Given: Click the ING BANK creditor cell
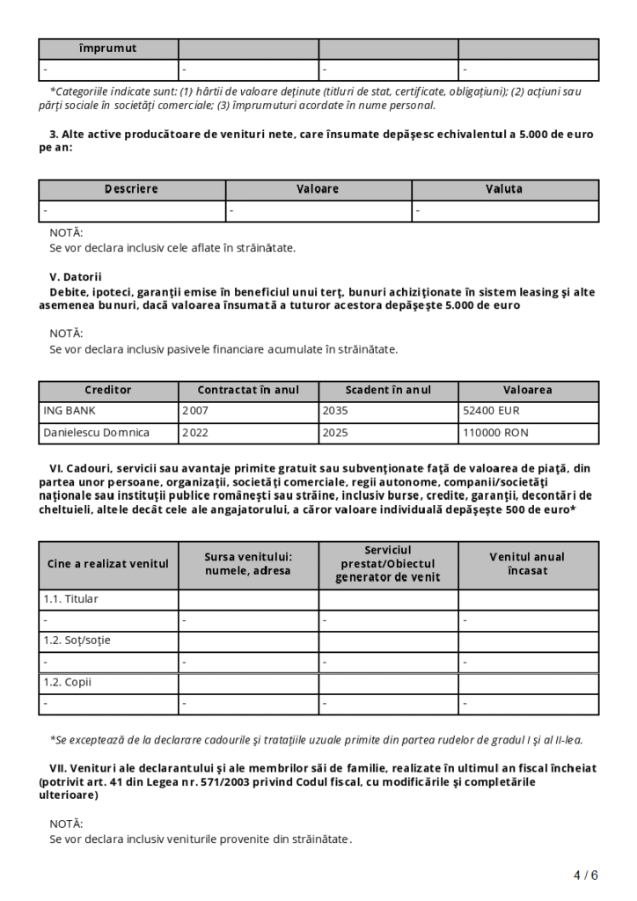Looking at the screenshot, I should click(70, 410).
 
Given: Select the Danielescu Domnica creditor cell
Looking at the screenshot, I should click(97, 432).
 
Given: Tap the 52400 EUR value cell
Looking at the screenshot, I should click(486, 410).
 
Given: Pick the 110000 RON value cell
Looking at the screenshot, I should click(492, 432).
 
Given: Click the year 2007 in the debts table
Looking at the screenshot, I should click(194, 410).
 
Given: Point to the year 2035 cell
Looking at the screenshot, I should click(334, 410).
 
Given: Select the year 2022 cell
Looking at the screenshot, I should click(194, 432).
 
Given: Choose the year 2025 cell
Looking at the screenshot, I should click(334, 432).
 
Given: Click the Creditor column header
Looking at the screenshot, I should click(108, 390).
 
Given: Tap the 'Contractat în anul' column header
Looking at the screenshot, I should click(248, 390).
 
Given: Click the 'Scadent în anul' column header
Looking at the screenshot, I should click(388, 390).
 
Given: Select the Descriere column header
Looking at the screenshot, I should click(131, 189).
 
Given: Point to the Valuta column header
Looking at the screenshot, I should click(504, 189).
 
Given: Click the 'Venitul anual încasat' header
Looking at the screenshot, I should click(527, 563).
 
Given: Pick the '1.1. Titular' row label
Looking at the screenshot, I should click(71, 599).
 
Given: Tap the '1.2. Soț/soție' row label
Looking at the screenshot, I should click(77, 641).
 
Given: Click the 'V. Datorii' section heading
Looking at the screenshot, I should click(76, 276).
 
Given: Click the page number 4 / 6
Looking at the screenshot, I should click(585, 875).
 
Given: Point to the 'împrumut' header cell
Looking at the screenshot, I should click(108, 48).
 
